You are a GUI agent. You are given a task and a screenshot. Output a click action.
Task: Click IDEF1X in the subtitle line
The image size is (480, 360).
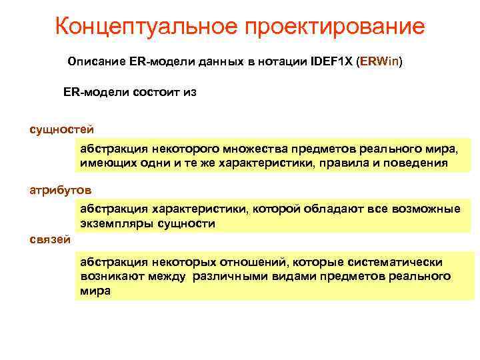tap(332, 62)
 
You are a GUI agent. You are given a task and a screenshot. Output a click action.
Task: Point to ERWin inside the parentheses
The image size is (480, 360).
tap(380, 62)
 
